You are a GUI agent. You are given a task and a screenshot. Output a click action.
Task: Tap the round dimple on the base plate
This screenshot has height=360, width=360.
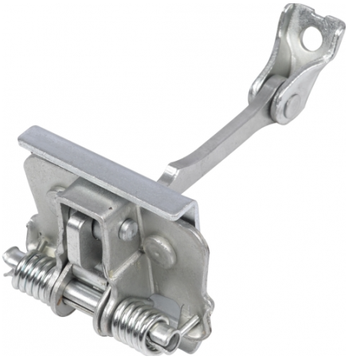tap(164, 252)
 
